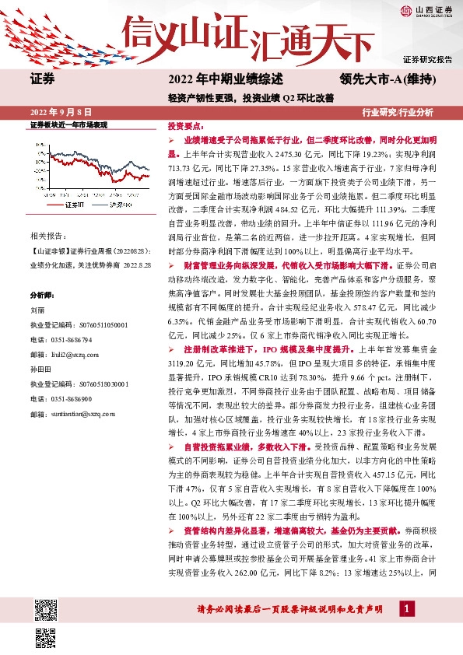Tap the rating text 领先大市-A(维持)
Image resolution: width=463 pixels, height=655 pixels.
point(387,79)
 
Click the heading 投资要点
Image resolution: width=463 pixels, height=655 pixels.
point(185,125)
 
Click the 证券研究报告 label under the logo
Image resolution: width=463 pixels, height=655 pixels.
point(427,58)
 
